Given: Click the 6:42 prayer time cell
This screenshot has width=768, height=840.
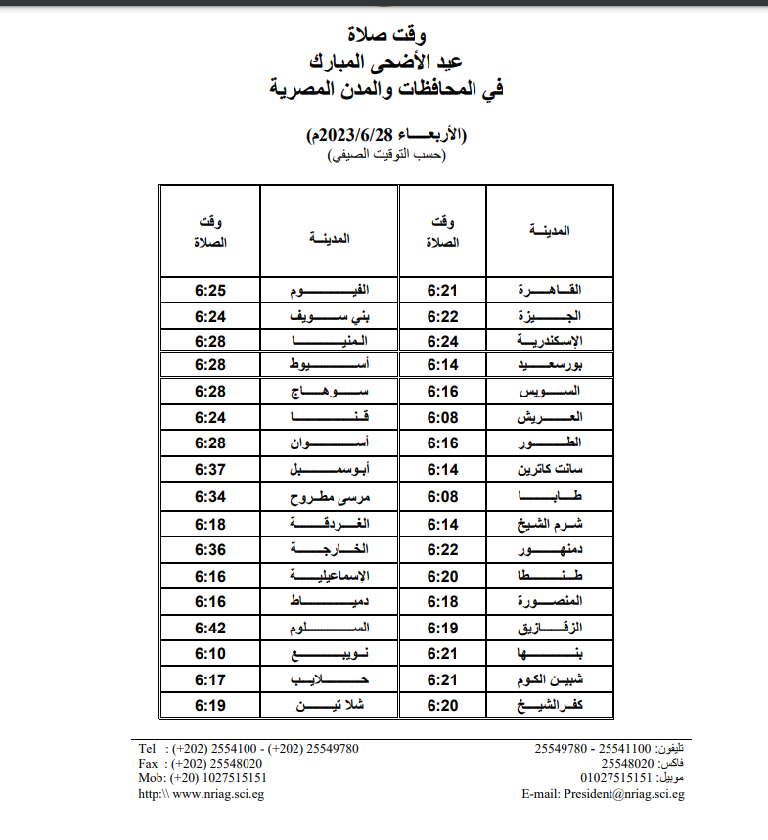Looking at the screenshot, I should pos(210,627).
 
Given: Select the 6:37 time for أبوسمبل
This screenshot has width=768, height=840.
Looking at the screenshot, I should pos(210,470).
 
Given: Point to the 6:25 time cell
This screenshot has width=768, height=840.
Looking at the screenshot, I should pos(210,290).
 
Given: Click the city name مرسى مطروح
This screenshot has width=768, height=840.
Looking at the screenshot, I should pos(329,496).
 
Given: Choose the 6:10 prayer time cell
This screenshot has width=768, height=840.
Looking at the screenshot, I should pos(210,653).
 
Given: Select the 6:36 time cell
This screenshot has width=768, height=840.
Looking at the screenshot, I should pos(210,548).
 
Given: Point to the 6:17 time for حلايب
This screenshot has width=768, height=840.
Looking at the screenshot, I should pos(210,678).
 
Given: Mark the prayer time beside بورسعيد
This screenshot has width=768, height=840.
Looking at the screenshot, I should pos(443,364).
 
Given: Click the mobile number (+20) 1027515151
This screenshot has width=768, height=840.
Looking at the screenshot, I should pos(216,779).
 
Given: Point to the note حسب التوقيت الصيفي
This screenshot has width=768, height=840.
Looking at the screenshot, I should pos(385,155).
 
